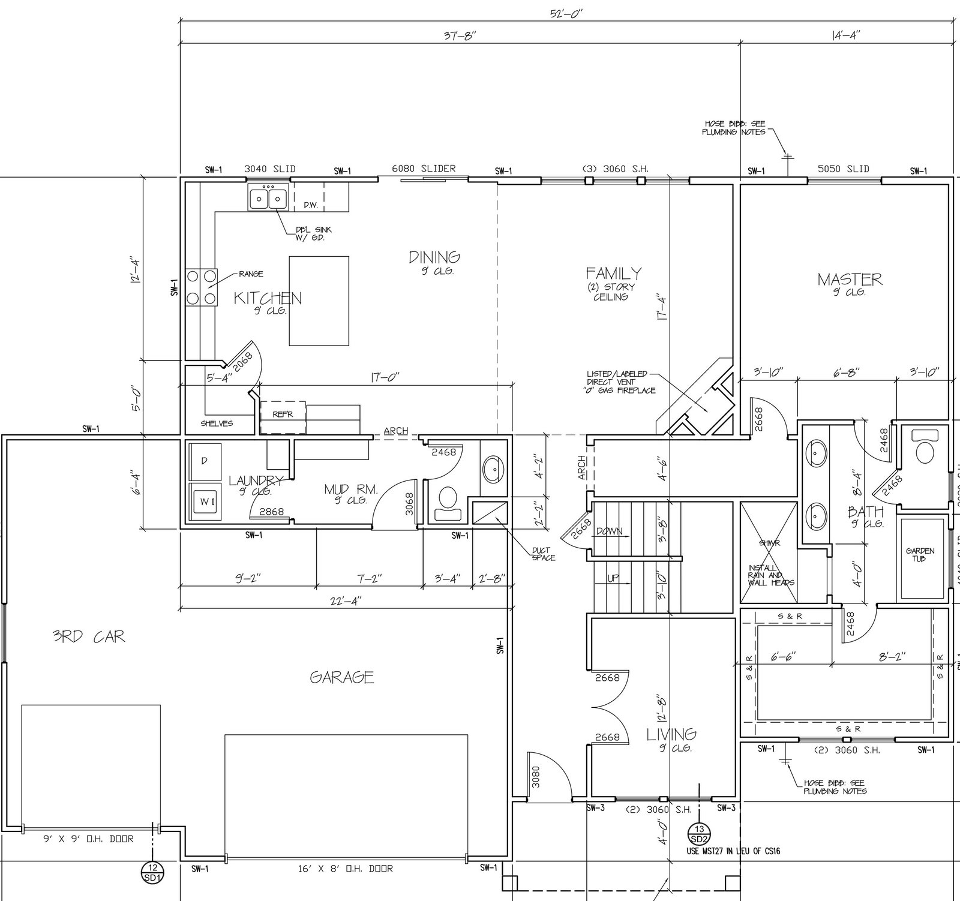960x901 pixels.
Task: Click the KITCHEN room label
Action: (x=268, y=298)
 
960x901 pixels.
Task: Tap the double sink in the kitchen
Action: (x=268, y=199)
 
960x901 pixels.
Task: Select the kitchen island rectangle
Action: (x=319, y=301)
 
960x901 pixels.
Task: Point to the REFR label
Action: (x=282, y=414)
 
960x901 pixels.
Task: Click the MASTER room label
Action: (x=850, y=279)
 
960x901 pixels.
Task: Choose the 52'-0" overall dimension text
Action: (x=566, y=14)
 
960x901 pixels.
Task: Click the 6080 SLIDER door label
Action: (x=424, y=169)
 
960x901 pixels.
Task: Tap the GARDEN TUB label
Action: (x=920, y=555)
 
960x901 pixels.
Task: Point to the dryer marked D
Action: (x=204, y=461)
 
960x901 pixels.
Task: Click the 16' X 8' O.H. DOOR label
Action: (x=345, y=868)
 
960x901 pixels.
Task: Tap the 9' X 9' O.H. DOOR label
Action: (x=88, y=839)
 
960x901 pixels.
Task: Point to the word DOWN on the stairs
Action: (x=609, y=531)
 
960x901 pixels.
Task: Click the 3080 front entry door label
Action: (x=536, y=776)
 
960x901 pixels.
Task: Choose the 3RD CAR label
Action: (x=89, y=636)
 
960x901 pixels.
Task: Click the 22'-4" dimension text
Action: (x=344, y=600)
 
